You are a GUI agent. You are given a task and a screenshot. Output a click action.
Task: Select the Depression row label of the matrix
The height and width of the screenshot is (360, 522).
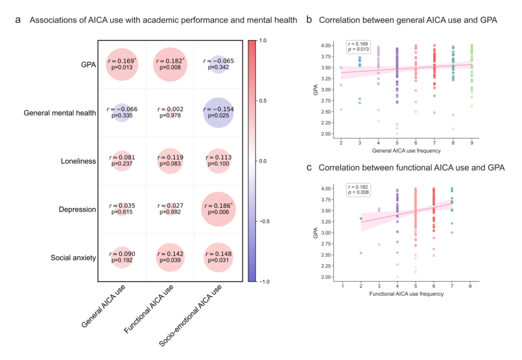78,210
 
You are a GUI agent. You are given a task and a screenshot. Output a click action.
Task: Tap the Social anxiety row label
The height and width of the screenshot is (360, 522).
73,258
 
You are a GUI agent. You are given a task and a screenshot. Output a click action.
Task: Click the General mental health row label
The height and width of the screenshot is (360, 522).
60,113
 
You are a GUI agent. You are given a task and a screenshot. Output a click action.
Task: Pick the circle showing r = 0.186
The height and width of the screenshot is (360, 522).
218,209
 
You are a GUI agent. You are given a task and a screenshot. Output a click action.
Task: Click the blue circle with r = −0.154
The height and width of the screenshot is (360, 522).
218,113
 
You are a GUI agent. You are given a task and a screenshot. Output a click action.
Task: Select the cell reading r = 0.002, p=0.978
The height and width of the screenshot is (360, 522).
170,113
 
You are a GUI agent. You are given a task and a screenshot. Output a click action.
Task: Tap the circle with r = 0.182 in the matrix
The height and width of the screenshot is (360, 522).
170,64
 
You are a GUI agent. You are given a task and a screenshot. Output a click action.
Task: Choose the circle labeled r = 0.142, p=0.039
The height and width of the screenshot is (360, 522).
170,258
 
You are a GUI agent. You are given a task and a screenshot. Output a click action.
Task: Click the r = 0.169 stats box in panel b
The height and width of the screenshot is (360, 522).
358,46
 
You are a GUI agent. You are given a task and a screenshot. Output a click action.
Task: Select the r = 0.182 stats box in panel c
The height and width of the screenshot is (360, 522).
358,189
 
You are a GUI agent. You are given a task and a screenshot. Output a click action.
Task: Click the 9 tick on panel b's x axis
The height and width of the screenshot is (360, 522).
472,143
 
